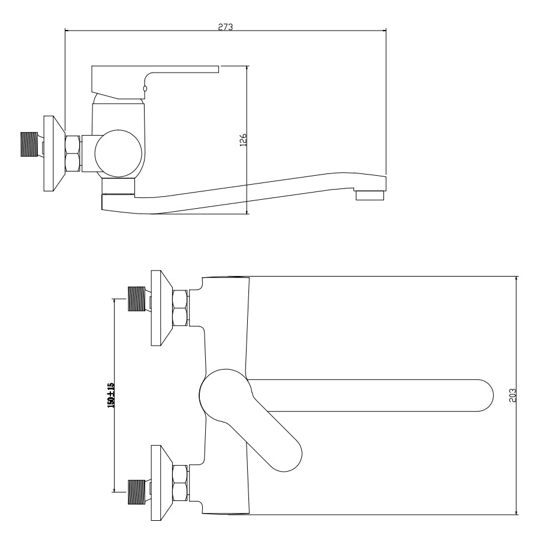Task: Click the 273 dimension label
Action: pos(226,26)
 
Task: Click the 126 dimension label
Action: pos(243,140)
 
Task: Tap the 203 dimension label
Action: pos(512,395)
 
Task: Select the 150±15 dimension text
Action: pos(111,395)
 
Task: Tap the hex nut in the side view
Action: pos(73,153)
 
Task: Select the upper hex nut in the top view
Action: pos(180,308)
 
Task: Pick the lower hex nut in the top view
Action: pos(180,483)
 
